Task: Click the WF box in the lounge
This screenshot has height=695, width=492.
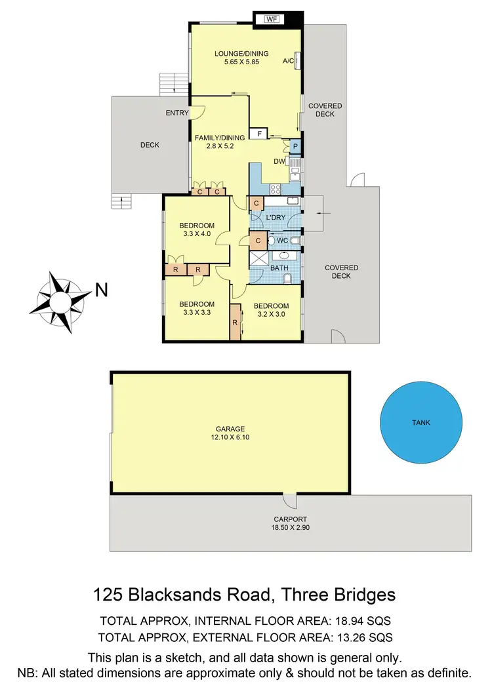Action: [272, 19]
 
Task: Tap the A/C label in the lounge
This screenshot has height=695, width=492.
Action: [287, 61]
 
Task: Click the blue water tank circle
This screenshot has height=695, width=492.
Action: [421, 423]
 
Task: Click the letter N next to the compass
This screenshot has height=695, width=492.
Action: [102, 290]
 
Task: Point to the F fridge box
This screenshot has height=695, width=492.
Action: [260, 134]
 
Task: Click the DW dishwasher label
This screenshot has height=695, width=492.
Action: [279, 161]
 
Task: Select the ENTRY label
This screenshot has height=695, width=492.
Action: [177, 113]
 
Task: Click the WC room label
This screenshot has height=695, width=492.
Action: [282, 241]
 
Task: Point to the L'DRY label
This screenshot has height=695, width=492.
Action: [275, 216]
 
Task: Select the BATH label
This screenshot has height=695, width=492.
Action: [279, 268]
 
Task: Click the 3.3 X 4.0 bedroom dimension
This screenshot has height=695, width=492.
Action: [195, 233]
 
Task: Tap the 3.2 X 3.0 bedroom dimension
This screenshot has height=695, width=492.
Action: [272, 314]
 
